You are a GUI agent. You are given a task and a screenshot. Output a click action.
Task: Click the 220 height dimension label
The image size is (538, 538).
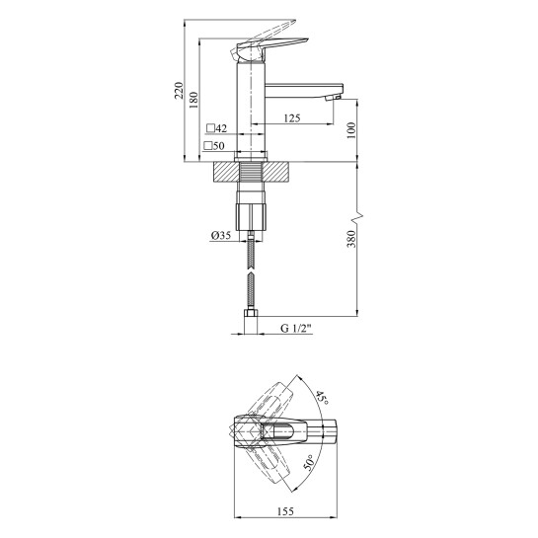click(x=179, y=90)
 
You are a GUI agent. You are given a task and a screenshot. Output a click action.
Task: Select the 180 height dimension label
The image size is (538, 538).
click(x=193, y=100)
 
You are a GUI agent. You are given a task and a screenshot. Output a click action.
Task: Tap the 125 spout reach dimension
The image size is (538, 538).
click(x=292, y=118)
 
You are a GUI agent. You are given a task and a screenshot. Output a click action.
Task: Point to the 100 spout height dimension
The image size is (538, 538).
click(x=351, y=130)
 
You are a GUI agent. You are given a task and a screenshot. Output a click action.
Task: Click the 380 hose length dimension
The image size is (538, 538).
click(x=351, y=239)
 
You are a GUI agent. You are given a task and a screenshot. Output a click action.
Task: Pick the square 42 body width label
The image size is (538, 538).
click(x=217, y=128)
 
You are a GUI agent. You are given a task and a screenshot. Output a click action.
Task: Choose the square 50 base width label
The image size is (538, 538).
click(x=214, y=146)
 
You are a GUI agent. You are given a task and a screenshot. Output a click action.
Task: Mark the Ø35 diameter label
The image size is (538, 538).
click(x=221, y=235)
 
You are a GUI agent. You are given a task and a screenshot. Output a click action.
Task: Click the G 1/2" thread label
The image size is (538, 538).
click(x=296, y=328)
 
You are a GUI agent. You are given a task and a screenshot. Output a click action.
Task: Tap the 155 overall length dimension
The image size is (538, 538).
click(x=285, y=511)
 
